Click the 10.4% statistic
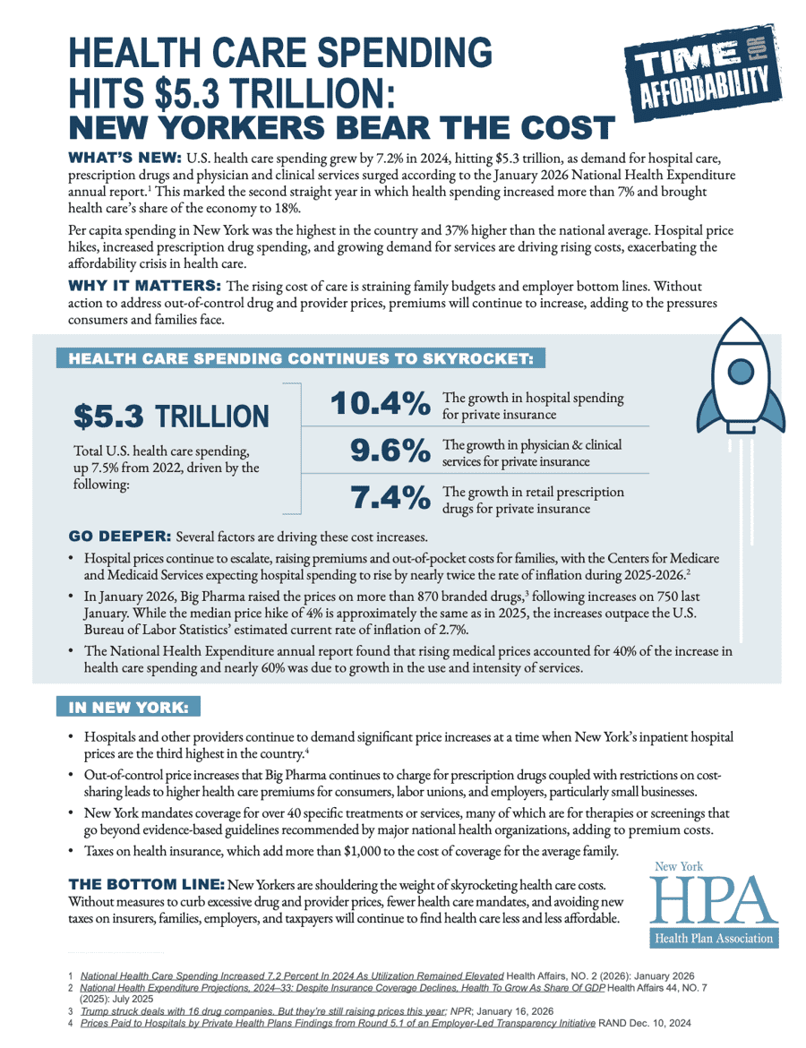pyautogui.click(x=380, y=405)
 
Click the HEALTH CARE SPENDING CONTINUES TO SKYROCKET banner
pyautogui.click(x=300, y=359)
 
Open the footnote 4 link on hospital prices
pyautogui.click(x=338, y=1021)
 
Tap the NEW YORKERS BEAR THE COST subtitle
pyautogui.click(x=341, y=125)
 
